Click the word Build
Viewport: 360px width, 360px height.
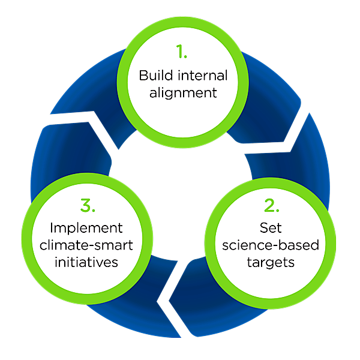click(x=151, y=77)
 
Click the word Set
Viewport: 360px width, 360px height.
click(x=268, y=228)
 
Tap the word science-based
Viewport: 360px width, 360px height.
click(x=268, y=245)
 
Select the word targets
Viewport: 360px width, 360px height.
click(x=268, y=262)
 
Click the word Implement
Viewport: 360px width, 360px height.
click(x=86, y=229)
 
